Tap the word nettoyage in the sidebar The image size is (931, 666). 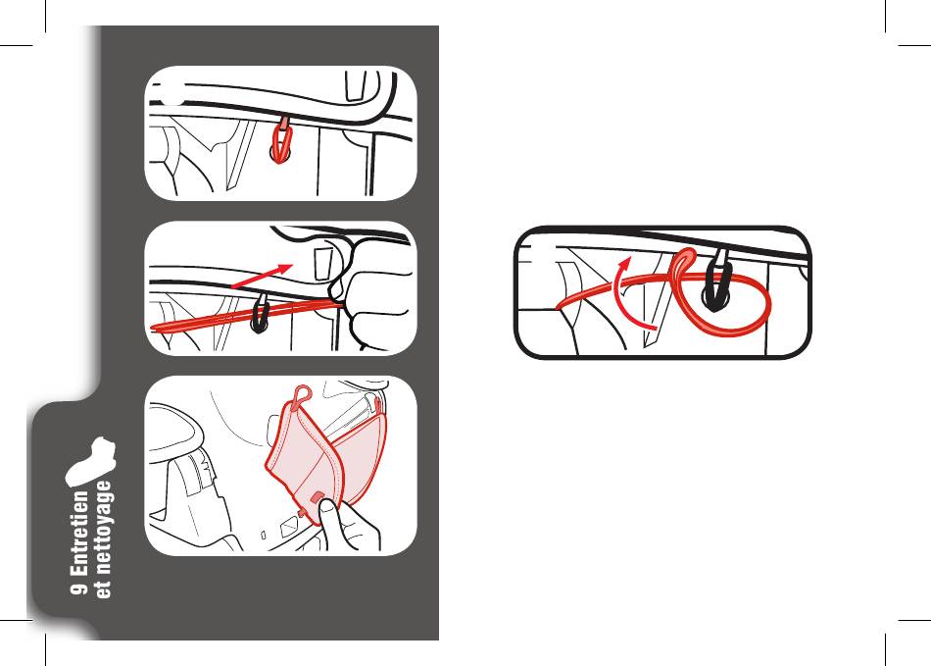(102, 532)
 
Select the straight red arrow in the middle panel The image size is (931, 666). (262, 276)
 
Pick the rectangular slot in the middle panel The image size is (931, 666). (322, 264)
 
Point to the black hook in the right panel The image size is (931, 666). (717, 284)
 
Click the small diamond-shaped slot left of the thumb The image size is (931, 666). (290, 527)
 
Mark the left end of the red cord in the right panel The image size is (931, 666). (558, 308)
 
